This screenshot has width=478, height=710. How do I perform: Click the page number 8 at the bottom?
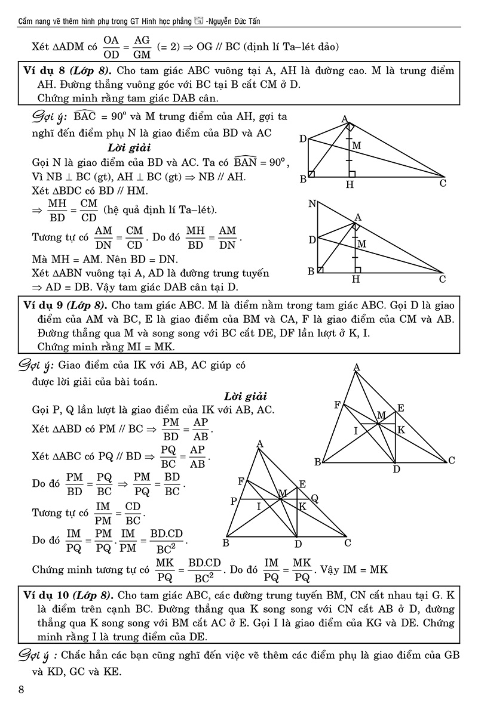coord(22,690)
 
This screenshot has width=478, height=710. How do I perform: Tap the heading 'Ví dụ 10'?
coord(49,595)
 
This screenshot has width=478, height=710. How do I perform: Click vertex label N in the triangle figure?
coord(311,204)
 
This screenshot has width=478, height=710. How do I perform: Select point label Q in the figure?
coord(314,498)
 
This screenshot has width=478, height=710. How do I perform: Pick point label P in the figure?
coord(233,502)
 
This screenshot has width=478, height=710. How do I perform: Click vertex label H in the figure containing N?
coord(357,279)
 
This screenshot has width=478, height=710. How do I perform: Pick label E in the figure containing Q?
coord(302,484)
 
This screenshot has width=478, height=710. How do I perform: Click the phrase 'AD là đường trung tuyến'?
coord(215,273)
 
